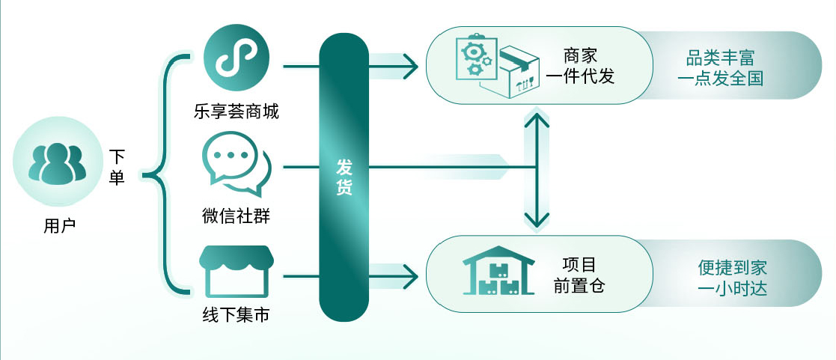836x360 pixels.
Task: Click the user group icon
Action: [x=57, y=162]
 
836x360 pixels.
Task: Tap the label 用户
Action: [x=59, y=226]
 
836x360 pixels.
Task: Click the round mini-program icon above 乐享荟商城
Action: [x=237, y=57]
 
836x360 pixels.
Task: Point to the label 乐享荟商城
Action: [x=237, y=112]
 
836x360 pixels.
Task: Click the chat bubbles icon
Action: [x=237, y=164]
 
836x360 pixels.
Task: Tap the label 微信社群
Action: [x=237, y=216]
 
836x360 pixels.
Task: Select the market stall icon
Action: [x=237, y=271]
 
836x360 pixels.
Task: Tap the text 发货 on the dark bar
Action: [x=344, y=177]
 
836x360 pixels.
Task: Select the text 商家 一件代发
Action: [x=581, y=66]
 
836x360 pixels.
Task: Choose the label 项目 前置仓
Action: [x=579, y=275]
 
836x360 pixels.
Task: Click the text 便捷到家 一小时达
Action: [x=732, y=278]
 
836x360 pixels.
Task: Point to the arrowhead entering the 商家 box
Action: [x=411, y=66]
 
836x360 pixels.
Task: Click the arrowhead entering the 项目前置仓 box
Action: [x=411, y=277]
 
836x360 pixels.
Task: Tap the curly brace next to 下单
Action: [x=166, y=174]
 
